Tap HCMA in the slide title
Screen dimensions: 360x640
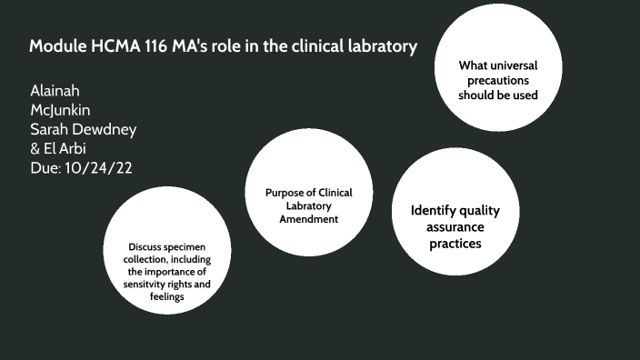coord(116,46)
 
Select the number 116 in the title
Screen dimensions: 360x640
coord(158,46)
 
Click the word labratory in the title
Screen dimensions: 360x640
coord(385,46)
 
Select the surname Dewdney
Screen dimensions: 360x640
coord(105,129)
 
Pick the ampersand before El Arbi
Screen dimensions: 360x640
coord(36,148)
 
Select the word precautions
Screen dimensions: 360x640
coord(497,80)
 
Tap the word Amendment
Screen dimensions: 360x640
coord(308,219)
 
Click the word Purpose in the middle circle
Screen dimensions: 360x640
coord(284,193)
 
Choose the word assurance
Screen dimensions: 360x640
coord(455,227)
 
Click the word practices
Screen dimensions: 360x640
coord(455,244)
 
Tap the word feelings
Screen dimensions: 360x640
coord(167,296)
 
